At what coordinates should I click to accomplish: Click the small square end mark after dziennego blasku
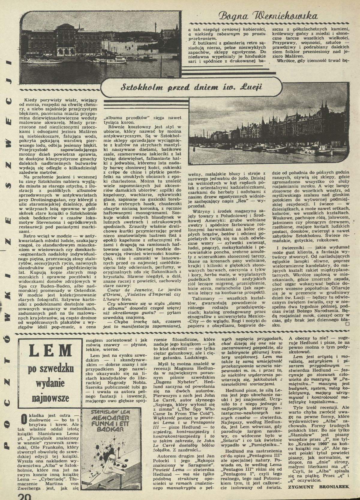pyautogui.click(x=348, y=324)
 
